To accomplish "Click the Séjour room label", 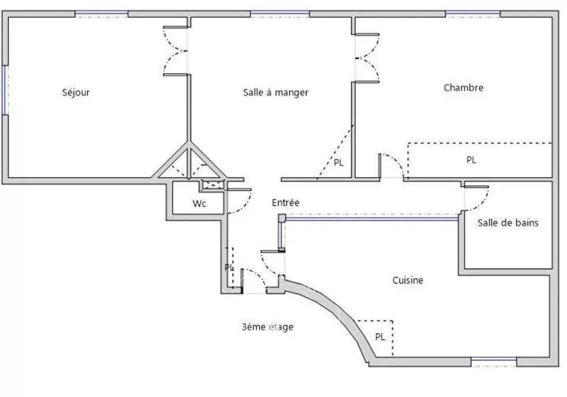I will pyautogui.click(x=76, y=92).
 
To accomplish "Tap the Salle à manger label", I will pyautogui.click(x=276, y=92).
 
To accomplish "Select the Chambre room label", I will pyautogui.click(x=463, y=88).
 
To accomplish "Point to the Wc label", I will pyautogui.click(x=200, y=203).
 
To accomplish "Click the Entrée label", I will pyautogui.click(x=286, y=203).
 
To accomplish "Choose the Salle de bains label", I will pyautogui.click(x=508, y=222).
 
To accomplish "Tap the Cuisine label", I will pyautogui.click(x=408, y=281).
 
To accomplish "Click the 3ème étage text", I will pyautogui.click(x=268, y=327).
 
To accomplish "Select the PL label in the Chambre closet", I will pyautogui.click(x=471, y=160).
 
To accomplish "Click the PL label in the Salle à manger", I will pyautogui.click(x=339, y=163).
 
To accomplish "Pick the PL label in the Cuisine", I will pyautogui.click(x=380, y=337).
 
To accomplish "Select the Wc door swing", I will pyautogui.click(x=240, y=201).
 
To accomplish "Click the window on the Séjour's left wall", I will pyautogui.click(x=4, y=90).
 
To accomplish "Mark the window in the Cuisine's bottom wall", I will pyautogui.click(x=494, y=362).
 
